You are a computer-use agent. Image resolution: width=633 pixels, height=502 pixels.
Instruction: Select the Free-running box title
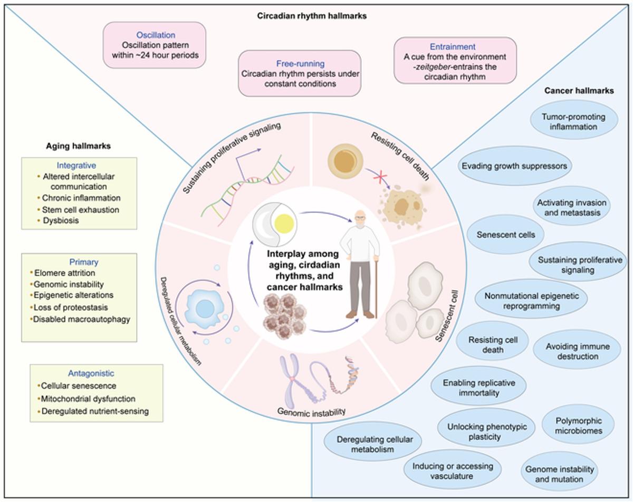tap(300, 64)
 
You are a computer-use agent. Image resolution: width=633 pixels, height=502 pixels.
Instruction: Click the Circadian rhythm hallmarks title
tap(312, 16)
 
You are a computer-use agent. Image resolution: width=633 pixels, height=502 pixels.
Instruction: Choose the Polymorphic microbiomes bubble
tap(578, 426)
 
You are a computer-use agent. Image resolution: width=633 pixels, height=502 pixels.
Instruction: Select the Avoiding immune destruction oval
tap(577, 351)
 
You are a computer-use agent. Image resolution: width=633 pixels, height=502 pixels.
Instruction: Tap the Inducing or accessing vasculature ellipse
tap(453, 471)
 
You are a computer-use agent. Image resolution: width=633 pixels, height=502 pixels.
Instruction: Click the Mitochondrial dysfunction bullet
tap(88, 399)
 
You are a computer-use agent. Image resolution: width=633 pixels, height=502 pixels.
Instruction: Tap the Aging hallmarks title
tap(78, 146)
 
